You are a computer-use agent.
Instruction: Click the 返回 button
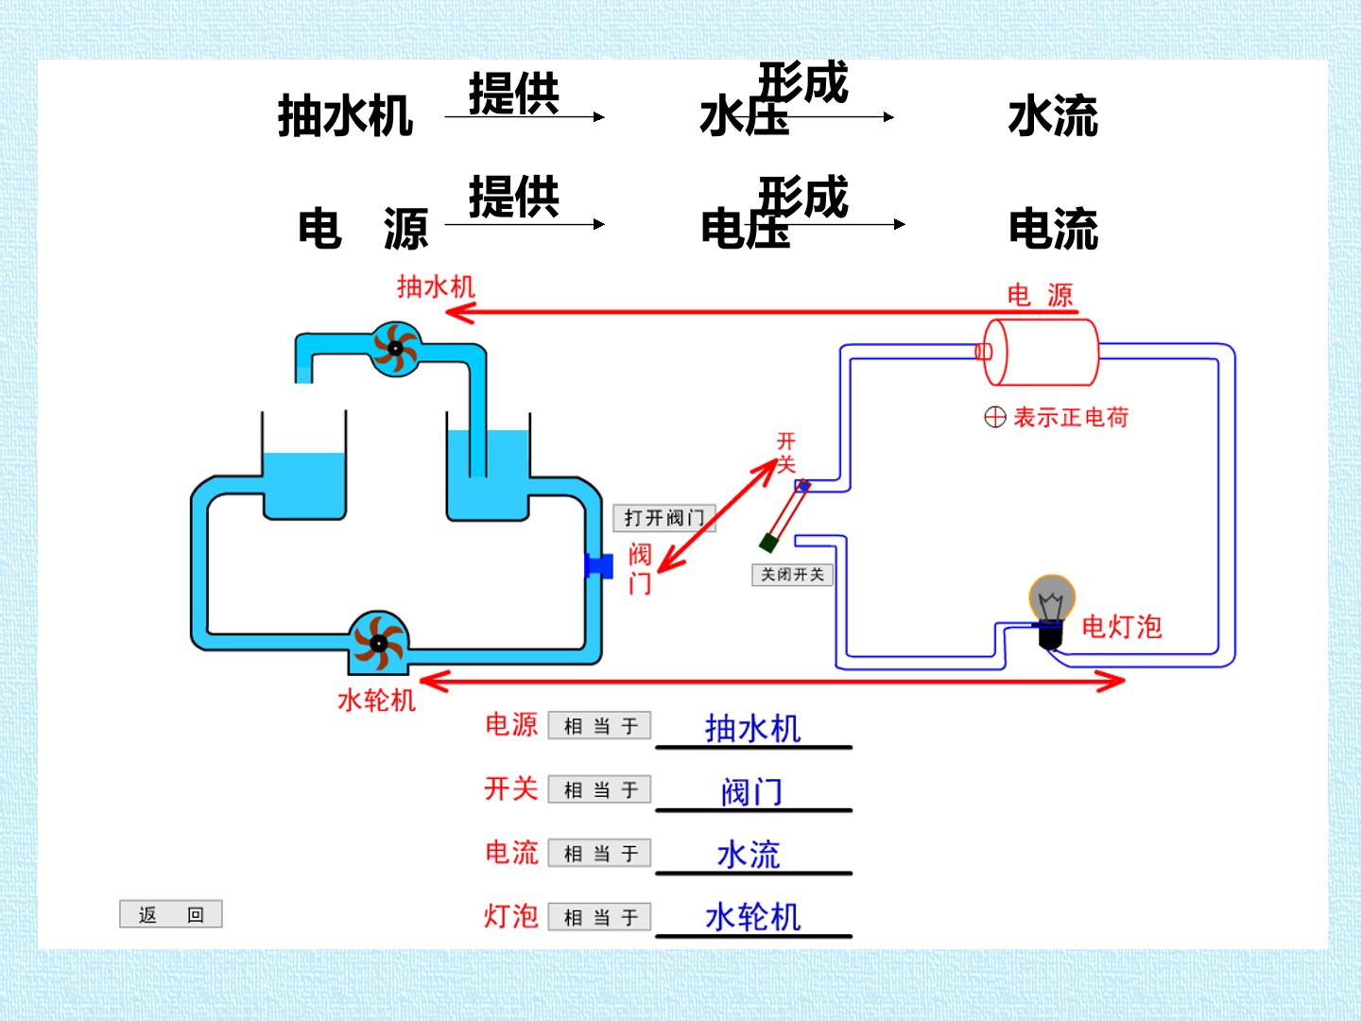coord(170,914)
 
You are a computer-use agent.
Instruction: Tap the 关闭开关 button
coord(792,575)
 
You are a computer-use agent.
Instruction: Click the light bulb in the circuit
coord(1052,612)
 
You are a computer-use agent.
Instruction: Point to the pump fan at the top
coord(396,349)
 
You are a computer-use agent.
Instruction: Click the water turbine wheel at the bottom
coord(378,643)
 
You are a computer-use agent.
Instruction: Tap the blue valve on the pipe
coord(599,565)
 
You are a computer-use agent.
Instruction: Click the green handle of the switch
coord(768,543)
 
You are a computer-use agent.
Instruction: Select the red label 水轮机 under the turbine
coord(376,701)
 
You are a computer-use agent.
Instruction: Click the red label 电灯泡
coord(1122,627)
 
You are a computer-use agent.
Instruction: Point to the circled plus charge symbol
coord(995,417)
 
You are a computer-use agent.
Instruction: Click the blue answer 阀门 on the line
coord(751,791)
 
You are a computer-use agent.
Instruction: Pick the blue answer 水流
coord(749,855)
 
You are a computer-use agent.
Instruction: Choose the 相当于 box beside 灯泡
coord(599,917)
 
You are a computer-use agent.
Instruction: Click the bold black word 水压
coord(744,116)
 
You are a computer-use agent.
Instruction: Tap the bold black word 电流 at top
coord(1054,229)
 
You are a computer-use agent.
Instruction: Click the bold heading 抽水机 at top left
coord(345,116)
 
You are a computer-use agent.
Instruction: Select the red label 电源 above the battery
coord(1040,295)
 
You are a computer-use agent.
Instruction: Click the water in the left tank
coord(303,485)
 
